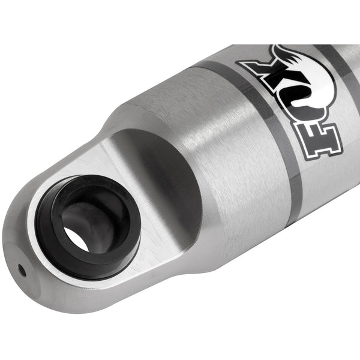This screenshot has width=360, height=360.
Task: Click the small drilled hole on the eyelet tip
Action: pos(22,271)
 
